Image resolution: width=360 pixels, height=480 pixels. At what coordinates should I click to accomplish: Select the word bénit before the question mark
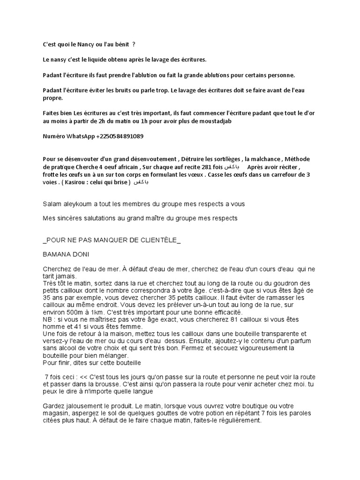tap(120, 44)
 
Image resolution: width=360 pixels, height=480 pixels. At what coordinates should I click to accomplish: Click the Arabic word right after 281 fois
tap(232, 167)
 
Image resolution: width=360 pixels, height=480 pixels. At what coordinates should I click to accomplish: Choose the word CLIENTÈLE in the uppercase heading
tap(155, 240)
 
